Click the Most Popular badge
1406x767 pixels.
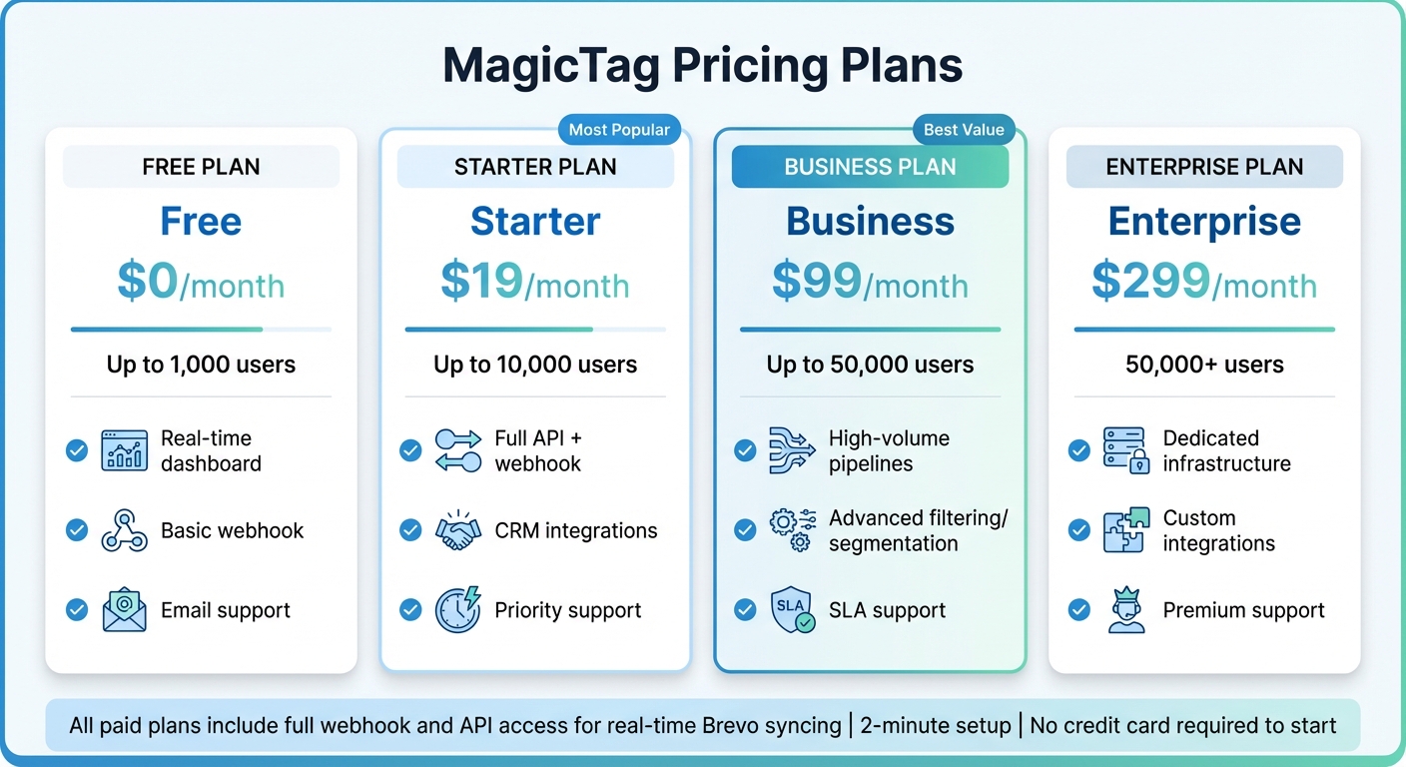619,130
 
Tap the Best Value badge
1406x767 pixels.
964,130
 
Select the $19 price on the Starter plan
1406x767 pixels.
481,282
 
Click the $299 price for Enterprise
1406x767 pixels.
1148,282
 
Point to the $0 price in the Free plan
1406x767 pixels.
147,282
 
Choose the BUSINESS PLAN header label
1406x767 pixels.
870,167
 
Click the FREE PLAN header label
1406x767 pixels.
201,167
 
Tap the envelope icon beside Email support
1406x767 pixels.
124,610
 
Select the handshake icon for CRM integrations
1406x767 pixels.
458,530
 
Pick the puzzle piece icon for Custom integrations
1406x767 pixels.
1126,530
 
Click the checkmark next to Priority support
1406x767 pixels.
410,610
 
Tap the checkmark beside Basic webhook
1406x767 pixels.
77,530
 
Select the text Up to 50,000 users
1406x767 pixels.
870,365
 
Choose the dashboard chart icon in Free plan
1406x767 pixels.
124,450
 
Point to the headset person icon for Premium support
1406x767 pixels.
1126,610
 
